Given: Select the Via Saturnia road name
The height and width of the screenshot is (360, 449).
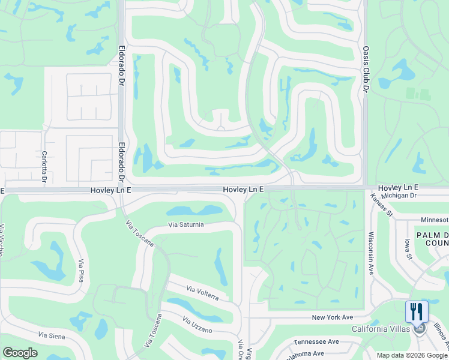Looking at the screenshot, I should pos(186,225).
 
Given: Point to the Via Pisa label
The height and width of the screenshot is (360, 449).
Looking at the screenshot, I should pos(80,271).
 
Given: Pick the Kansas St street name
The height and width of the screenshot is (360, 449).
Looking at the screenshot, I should pos(381,205).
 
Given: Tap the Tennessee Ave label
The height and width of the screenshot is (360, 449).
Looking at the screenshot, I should pos(316,341).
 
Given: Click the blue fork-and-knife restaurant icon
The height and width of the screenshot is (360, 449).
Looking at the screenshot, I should pos(417,311).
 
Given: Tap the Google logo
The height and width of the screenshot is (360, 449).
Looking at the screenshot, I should pos(20,352).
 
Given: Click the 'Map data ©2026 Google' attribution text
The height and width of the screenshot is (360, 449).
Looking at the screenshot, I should pos(412,355).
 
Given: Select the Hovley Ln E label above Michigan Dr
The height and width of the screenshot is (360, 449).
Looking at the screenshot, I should pos(397,188).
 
